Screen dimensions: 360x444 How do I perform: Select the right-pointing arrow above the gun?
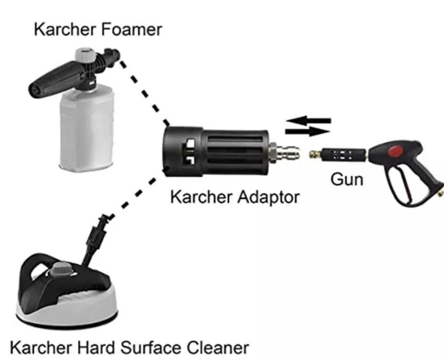click(x=308, y=131)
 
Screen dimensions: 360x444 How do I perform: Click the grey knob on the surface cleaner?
click(x=62, y=268)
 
